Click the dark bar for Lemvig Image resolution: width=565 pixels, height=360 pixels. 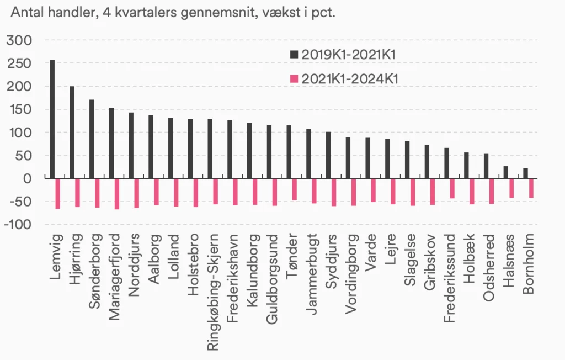[x=52, y=119]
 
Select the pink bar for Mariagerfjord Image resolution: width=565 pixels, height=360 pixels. [x=117, y=194]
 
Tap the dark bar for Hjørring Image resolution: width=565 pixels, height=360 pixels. [x=72, y=133]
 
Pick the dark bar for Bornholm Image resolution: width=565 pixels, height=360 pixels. [x=525, y=173]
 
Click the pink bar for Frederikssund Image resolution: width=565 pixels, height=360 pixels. [x=452, y=188]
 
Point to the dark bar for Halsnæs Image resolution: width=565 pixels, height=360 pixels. [x=506, y=172]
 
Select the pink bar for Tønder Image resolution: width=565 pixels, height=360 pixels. [x=295, y=189]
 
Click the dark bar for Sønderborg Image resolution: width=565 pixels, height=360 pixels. [x=92, y=139]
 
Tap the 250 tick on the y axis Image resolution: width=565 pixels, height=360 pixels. [x=19, y=63]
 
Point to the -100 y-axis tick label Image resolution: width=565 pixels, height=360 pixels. [x=18, y=224]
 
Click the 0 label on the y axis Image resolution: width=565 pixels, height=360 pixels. [x=28, y=178]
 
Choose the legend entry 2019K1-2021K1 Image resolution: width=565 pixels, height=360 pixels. [x=343, y=55]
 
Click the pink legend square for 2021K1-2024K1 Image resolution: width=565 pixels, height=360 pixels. [x=295, y=78]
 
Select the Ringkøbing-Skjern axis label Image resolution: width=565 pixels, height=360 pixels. [x=212, y=292]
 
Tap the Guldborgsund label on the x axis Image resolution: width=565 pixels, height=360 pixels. [x=272, y=279]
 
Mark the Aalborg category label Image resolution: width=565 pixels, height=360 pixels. [x=154, y=259]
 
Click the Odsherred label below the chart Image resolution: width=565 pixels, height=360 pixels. [x=489, y=268]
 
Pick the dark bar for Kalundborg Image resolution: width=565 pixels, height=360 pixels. [x=249, y=151]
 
